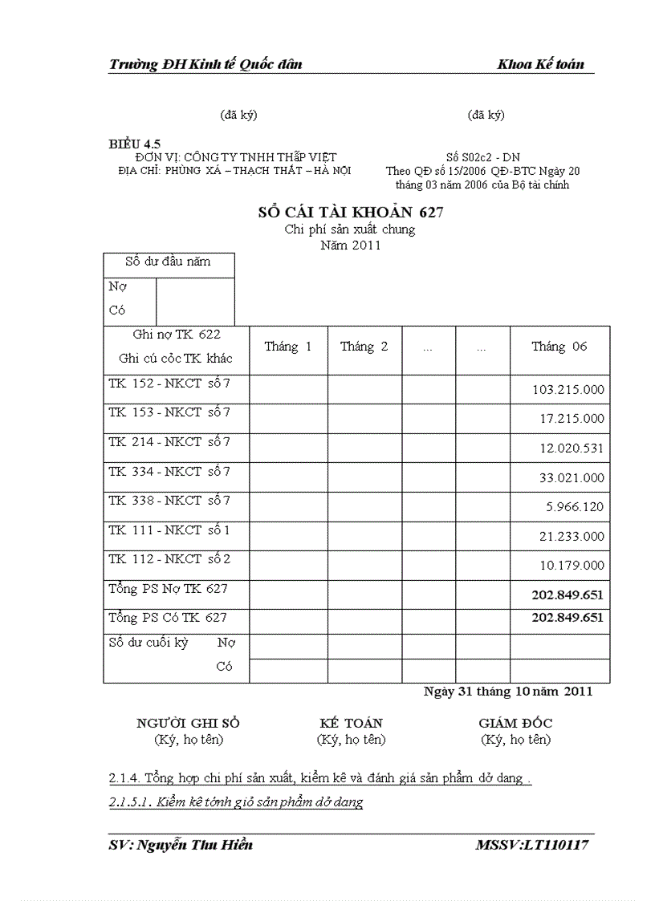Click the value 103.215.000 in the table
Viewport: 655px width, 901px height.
point(568,390)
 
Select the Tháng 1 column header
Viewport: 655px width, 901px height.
point(288,347)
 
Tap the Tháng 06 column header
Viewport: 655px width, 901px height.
point(559,347)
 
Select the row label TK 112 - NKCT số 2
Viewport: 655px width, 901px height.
point(169,559)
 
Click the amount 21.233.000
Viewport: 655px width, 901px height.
point(572,536)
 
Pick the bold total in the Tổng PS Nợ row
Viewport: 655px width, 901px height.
point(567,595)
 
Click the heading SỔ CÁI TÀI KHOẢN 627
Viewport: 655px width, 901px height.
point(350,213)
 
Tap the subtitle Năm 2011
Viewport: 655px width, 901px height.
point(350,246)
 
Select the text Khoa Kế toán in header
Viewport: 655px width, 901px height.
point(540,65)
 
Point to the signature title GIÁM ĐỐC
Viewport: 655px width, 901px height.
point(515,723)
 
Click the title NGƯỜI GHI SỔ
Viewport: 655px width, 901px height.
point(188,723)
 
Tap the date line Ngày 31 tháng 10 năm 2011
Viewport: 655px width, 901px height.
point(507,692)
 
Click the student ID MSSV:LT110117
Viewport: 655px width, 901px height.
point(532,845)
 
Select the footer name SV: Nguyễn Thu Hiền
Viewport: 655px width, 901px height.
point(181,845)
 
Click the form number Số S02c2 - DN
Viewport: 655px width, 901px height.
point(482,158)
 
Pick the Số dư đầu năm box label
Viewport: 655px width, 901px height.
point(168,262)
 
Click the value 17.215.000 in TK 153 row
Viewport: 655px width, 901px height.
point(572,419)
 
